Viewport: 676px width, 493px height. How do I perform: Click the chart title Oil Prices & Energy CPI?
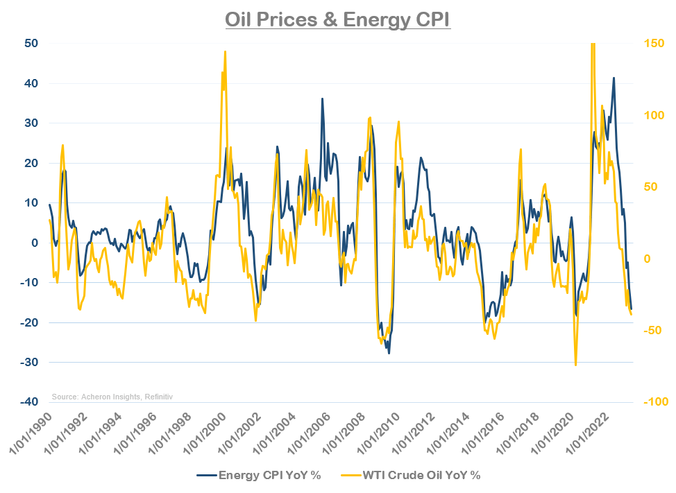(338, 19)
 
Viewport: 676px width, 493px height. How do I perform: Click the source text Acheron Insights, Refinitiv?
(112, 397)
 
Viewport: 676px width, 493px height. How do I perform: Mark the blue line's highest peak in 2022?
(614, 78)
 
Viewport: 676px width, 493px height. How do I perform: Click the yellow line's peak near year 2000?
(225, 51)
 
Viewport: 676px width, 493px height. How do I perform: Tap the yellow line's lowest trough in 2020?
(575, 365)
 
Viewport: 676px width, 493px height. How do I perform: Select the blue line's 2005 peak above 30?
(322, 98)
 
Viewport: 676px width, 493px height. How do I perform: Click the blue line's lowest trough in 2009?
(389, 353)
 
